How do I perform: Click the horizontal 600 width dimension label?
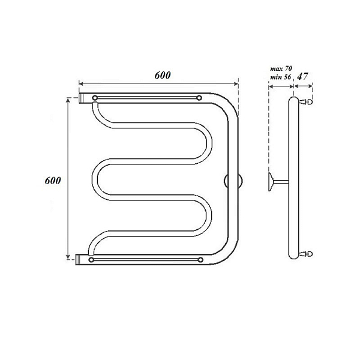(163, 76)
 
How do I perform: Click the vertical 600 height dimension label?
(53, 181)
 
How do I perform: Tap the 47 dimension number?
(302, 76)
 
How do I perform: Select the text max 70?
(281, 68)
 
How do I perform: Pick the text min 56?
(280, 77)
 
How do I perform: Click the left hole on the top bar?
(95, 98)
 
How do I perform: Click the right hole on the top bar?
(199, 98)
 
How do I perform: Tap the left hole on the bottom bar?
(91, 260)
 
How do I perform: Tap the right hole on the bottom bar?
(200, 260)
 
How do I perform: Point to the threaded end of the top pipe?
(82, 98)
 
